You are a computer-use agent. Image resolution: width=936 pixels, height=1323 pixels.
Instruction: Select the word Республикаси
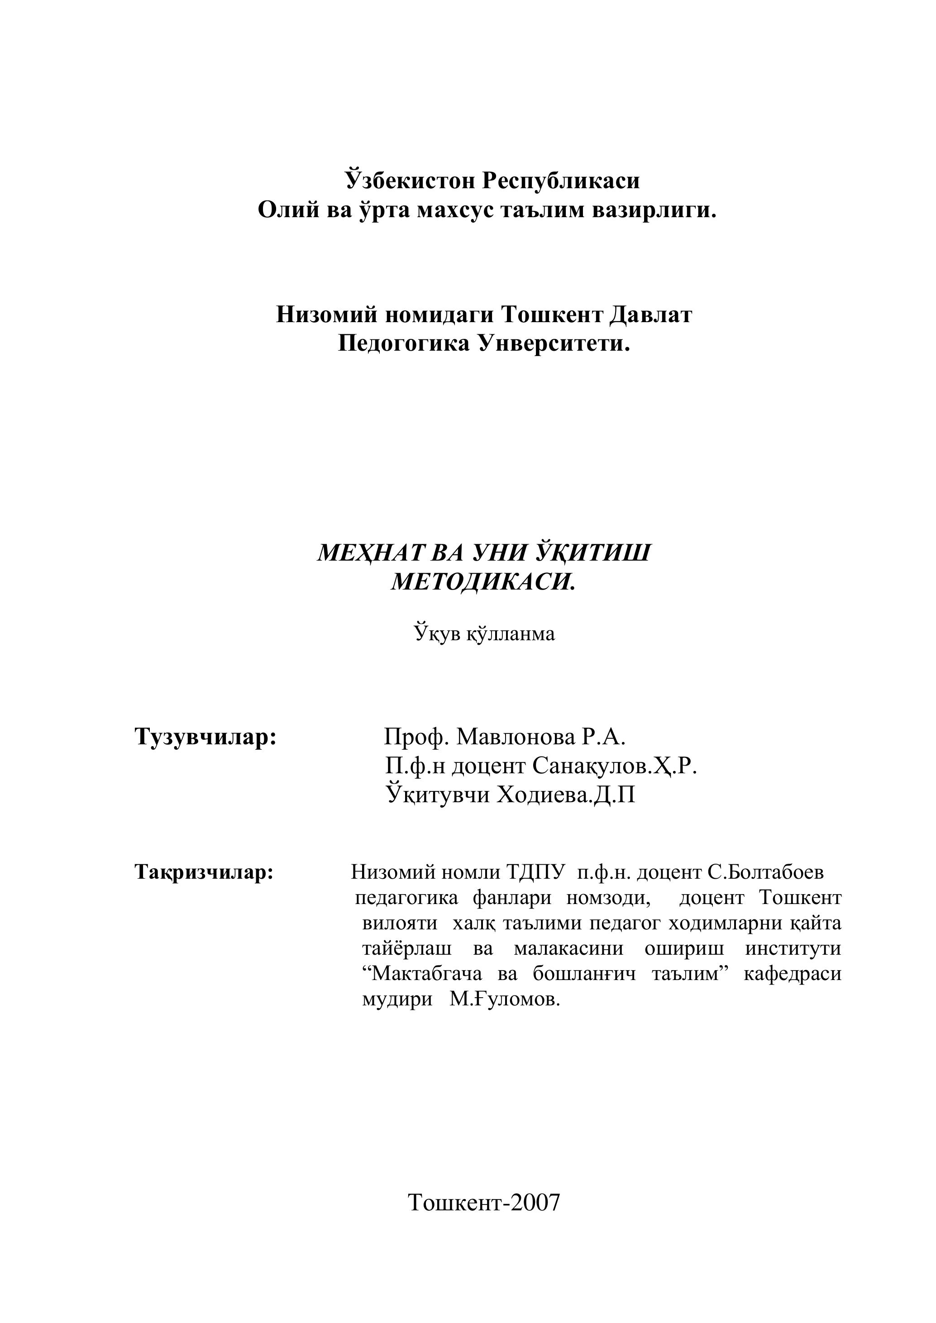[561, 181]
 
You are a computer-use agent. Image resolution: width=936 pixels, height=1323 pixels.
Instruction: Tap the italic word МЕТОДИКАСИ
[483, 583]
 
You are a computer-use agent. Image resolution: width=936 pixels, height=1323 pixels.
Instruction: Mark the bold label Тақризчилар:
[204, 872]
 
